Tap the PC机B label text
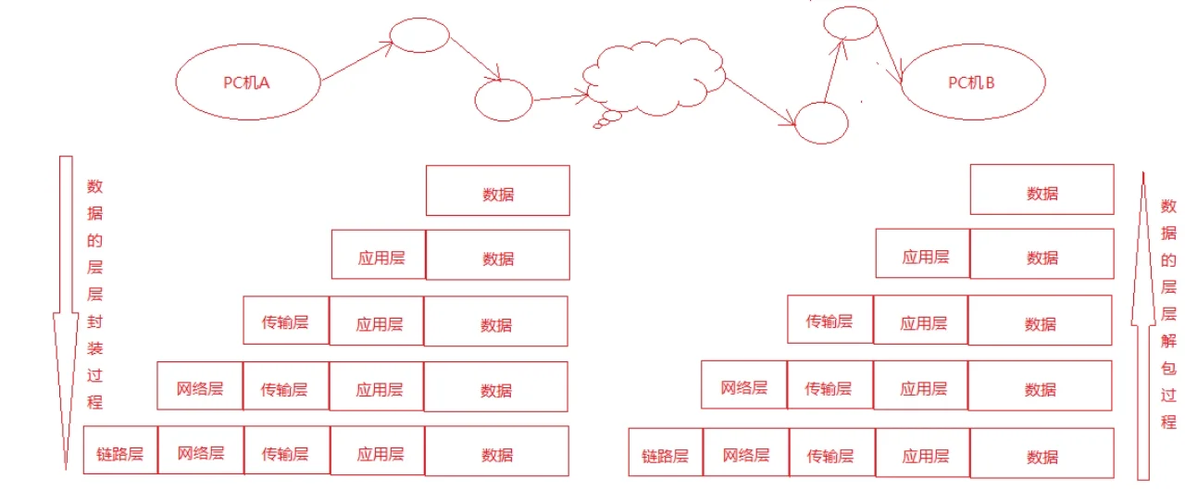tap(971, 82)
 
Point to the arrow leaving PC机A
tap(357, 61)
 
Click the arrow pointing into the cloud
tap(561, 97)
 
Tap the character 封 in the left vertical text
tap(95, 321)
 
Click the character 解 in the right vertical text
tap(1168, 341)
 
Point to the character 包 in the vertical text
tap(1168, 368)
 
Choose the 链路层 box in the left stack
tap(120, 449)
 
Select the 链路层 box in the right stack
tap(666, 452)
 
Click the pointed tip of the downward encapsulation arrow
tap(66, 469)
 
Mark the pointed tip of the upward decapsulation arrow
tap(1143, 172)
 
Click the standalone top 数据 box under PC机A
tap(498, 191)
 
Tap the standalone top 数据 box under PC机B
tap(1042, 189)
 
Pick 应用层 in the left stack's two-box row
tap(379, 255)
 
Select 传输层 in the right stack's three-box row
tap(830, 320)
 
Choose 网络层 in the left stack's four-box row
tap(200, 385)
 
